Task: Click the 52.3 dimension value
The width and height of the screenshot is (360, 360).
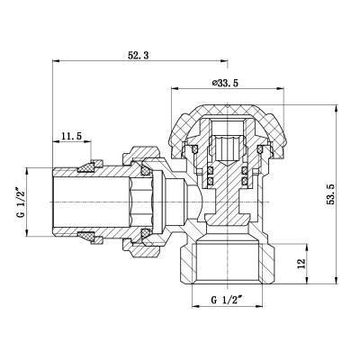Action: [139, 57]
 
